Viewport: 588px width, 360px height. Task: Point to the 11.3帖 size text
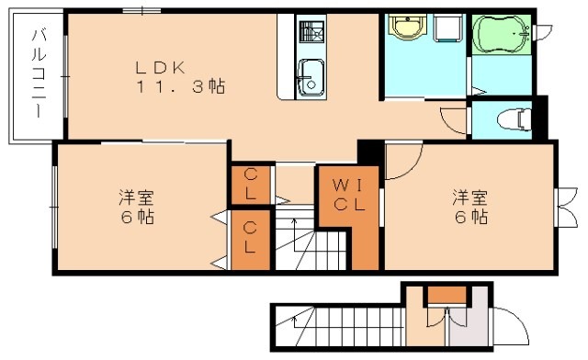180,88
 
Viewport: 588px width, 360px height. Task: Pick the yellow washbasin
403,29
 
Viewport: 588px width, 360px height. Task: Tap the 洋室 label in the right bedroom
468,197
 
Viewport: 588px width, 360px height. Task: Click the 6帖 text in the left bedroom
135,219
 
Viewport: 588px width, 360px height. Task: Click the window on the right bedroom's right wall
562,207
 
